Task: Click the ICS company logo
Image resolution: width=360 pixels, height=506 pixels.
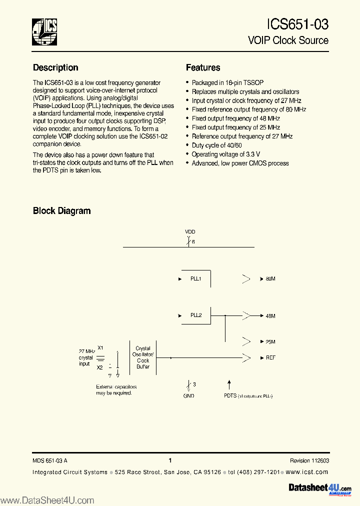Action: [44, 31]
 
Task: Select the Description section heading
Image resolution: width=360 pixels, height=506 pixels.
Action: [55, 67]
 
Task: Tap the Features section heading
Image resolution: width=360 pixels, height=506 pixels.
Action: [203, 67]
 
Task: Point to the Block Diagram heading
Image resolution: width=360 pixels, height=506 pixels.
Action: [61, 210]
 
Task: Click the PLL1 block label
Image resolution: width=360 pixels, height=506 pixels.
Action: [195, 278]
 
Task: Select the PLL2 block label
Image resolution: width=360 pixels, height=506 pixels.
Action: [195, 315]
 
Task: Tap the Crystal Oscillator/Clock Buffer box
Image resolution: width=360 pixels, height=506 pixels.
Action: [143, 357]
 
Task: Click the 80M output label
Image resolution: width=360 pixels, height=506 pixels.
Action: [270, 278]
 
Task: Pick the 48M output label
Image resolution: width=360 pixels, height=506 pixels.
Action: [270, 316]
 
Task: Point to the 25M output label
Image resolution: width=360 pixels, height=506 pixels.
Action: [270, 342]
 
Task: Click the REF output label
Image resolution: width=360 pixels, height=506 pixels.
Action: [270, 358]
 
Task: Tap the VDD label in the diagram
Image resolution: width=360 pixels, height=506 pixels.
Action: [189, 232]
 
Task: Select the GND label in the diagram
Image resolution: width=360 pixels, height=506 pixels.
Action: [188, 395]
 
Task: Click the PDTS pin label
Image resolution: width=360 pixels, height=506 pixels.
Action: [230, 395]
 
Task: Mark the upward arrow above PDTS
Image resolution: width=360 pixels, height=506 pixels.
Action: [229, 384]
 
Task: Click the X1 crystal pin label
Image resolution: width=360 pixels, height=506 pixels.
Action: [100, 348]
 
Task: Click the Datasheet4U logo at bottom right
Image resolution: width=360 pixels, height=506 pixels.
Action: [320, 487]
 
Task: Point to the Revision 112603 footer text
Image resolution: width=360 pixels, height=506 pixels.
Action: [309, 460]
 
